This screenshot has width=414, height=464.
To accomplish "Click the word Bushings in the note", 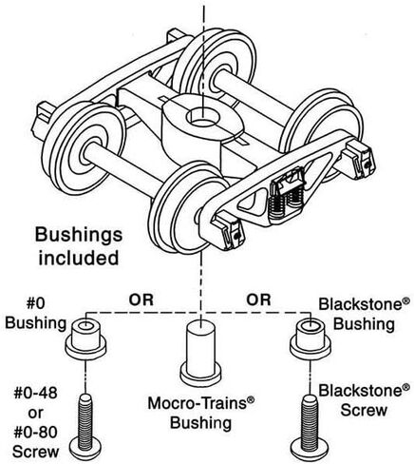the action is (79, 236).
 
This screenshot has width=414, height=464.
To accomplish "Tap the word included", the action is (79, 258).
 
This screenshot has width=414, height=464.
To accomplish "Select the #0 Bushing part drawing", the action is (85, 338).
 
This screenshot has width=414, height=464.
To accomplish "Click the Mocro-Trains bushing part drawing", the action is (200, 353).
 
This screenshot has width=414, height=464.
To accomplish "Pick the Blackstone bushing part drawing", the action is (310, 338).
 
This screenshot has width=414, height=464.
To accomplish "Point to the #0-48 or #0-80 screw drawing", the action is (85, 427).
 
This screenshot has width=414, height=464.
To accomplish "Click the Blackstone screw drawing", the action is (310, 427).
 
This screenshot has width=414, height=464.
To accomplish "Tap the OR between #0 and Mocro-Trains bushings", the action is (141, 300).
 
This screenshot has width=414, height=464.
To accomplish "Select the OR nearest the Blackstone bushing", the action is (258, 300).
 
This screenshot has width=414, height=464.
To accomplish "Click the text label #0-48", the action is (35, 394).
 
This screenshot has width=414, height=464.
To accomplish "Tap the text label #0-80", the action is (35, 432).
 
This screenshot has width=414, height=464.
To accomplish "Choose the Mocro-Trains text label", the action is (198, 404).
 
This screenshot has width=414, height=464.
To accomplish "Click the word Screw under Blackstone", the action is (364, 411).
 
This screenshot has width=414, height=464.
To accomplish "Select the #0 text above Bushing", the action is (36, 303).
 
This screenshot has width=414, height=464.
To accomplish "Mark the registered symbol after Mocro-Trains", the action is (251, 399).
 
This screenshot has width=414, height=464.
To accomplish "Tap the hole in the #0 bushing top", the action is (85, 325).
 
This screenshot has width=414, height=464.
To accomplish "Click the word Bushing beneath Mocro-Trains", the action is (201, 424).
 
